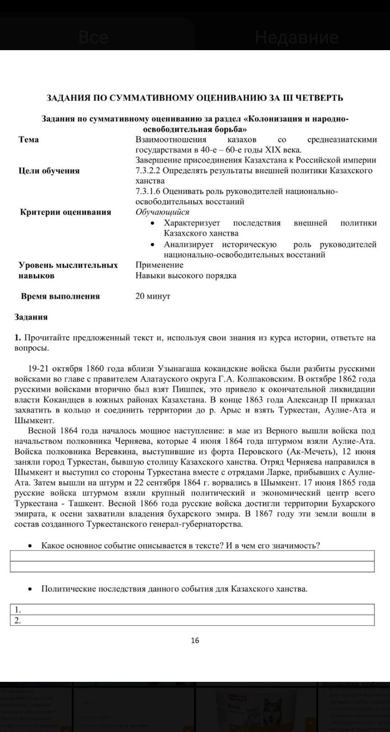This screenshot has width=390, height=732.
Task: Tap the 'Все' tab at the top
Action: tap(93, 37)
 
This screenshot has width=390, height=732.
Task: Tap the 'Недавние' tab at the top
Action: tap(296, 37)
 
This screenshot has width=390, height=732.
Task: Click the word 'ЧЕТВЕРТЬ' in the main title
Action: tap(319, 98)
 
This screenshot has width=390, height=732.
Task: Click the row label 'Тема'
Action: tap(29, 139)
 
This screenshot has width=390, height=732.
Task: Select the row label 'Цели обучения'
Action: tap(49, 170)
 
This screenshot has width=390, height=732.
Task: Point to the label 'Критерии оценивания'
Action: tap(65, 212)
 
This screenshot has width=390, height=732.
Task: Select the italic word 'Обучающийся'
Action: tap(162, 212)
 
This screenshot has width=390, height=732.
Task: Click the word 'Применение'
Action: tap(159, 265)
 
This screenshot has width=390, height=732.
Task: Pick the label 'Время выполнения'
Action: tap(60, 296)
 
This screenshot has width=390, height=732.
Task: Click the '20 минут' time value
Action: tap(153, 296)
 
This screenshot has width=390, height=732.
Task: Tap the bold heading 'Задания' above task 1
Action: tap(31, 317)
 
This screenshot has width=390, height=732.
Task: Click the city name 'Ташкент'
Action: tap(91, 503)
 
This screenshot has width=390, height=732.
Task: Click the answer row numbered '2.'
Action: tap(192, 620)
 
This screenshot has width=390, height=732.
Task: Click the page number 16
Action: tap(195, 640)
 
